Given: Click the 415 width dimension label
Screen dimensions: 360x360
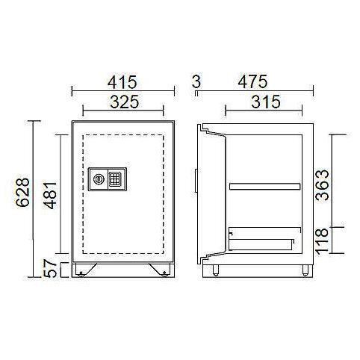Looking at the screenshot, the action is click(x=122, y=82).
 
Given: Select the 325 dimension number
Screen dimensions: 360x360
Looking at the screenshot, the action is click(x=124, y=102).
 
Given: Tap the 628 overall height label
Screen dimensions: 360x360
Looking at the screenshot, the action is click(x=22, y=192).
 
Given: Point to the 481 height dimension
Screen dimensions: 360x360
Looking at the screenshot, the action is click(x=50, y=196).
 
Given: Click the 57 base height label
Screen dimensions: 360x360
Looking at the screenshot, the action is click(x=50, y=268).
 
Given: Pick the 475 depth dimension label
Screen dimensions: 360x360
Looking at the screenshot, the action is click(x=252, y=81).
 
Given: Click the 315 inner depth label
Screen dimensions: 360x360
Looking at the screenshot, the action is click(x=266, y=102).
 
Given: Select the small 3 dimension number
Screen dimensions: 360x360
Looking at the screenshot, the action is click(x=196, y=81).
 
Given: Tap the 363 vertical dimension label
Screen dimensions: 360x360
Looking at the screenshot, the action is click(x=322, y=185).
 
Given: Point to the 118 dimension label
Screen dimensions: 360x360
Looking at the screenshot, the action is click(x=322, y=241).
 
